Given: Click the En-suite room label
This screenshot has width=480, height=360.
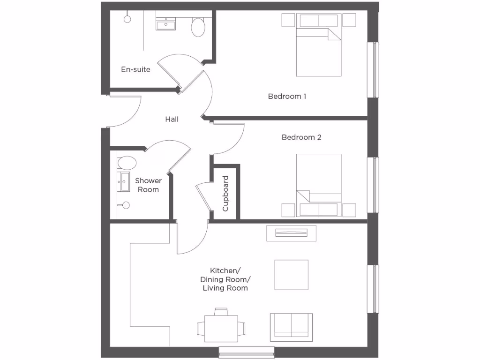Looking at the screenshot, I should click(x=135, y=69).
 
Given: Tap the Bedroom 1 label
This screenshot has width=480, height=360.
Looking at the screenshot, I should click(x=287, y=97).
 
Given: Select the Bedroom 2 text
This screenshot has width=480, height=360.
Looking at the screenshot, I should click(x=301, y=137).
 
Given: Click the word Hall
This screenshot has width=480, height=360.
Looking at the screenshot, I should click(x=172, y=120).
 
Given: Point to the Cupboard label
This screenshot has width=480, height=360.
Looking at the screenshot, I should click(x=225, y=193).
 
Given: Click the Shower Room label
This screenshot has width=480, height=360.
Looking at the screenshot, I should click(x=148, y=185).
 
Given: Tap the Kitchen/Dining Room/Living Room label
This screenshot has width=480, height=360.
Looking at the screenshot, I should click(x=225, y=279).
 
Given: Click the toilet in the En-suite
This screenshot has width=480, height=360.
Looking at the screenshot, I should click(x=198, y=27).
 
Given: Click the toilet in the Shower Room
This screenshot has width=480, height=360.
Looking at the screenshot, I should click(x=127, y=163).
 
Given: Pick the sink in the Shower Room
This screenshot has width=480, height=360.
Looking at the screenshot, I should click(x=125, y=182).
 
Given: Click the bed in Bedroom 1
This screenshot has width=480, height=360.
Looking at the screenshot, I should click(x=319, y=52).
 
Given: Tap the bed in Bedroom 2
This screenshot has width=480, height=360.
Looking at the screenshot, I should click(x=319, y=180).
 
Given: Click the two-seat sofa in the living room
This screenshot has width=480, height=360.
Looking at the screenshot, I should click(x=291, y=325).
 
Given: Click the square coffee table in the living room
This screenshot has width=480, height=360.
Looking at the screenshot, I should click(x=291, y=275).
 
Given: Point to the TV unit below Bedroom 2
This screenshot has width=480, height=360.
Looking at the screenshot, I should click(x=291, y=233).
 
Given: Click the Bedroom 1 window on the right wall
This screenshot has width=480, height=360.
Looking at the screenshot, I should click(x=375, y=70).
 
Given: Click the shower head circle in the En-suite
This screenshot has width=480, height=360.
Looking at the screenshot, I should click(x=127, y=19).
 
